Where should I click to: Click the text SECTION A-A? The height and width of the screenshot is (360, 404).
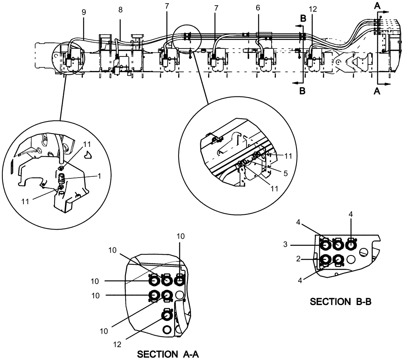click(x=168, y=354)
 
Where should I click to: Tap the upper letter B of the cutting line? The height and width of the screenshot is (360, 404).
click(x=303, y=19)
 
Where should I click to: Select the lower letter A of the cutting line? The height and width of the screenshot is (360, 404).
click(x=377, y=92)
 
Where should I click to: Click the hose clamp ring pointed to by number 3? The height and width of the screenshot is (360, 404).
click(x=326, y=245)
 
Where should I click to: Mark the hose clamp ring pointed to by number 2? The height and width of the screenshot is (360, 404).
click(x=326, y=260)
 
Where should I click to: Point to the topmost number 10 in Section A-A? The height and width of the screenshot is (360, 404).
click(x=181, y=236)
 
